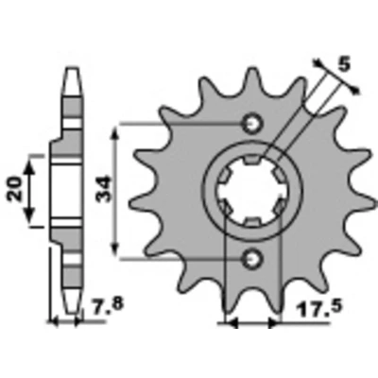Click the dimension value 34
(x=104, y=189)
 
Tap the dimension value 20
(x=14, y=189)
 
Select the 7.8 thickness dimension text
(x=106, y=304)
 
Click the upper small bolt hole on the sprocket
(x=252, y=123)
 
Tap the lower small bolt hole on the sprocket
(x=252, y=259)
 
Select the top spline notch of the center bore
(x=252, y=160)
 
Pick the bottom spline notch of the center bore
(x=252, y=222)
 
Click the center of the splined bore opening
(x=252, y=191)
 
